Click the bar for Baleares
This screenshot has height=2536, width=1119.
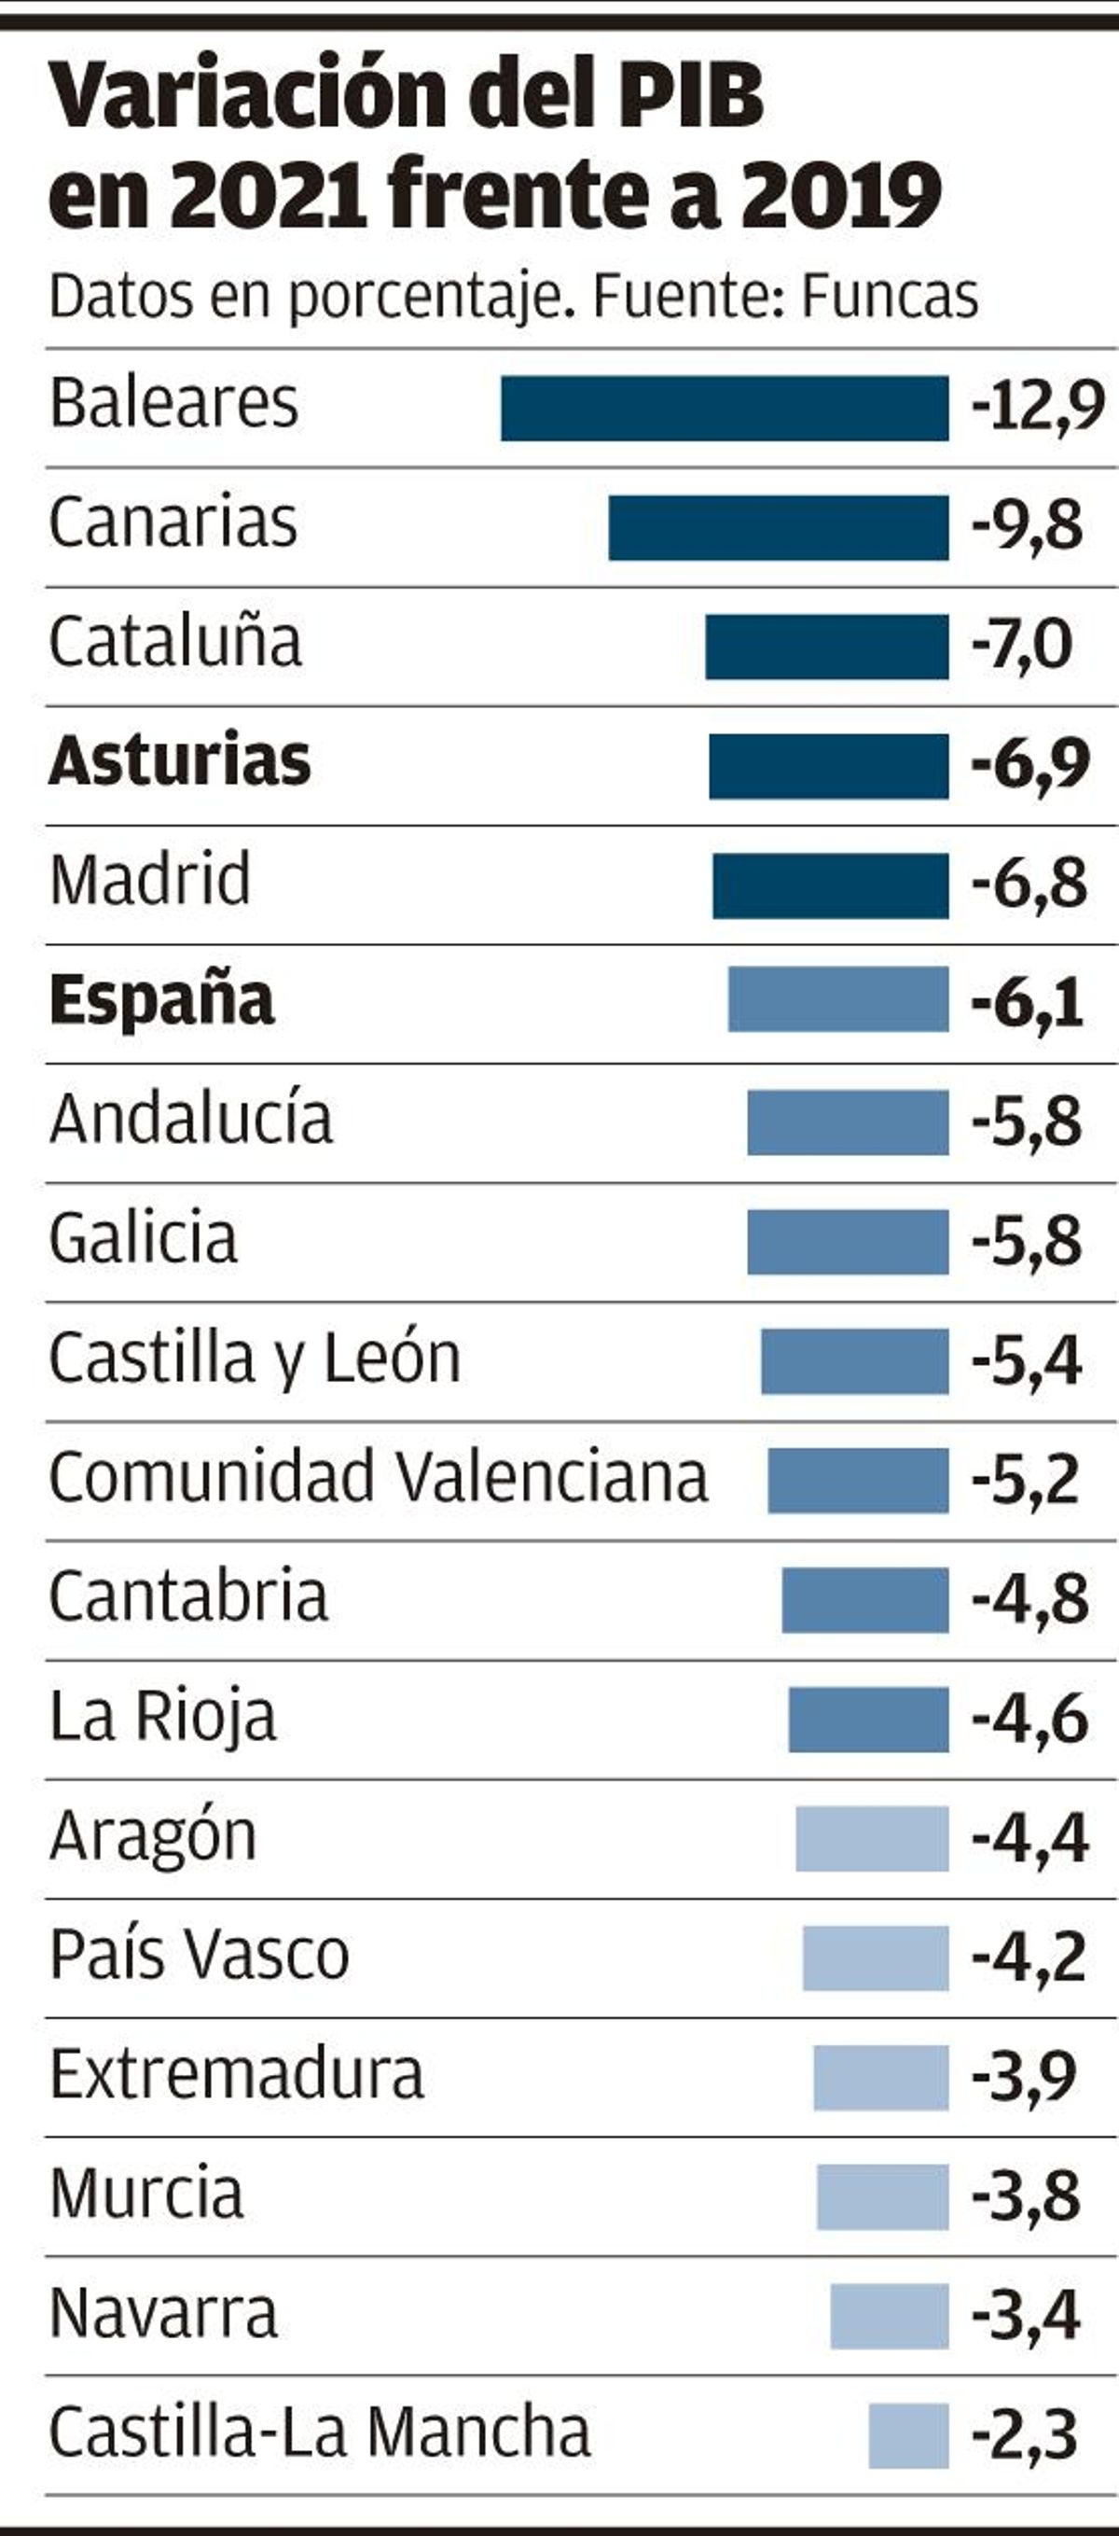tap(725, 408)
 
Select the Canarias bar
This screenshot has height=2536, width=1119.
tap(779, 528)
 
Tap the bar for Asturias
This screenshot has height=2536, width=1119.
tap(829, 766)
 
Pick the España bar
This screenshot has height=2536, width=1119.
tap(838, 999)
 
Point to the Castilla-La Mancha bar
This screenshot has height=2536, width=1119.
tap(908, 2435)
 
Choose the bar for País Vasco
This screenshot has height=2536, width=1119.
tap(876, 1958)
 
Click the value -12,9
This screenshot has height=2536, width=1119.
tap(1037, 406)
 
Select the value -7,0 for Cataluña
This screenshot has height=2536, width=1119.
tap(1022, 646)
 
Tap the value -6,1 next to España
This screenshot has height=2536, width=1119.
tap(1028, 1003)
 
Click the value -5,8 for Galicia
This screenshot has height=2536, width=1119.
tap(1027, 1242)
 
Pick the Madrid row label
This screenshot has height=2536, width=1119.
tap(150, 879)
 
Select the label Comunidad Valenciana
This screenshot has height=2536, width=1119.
tap(379, 1477)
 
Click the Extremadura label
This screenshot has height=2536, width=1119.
tap(236, 2074)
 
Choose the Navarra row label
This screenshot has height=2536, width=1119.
tap(163, 2315)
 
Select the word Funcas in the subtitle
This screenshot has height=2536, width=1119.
tap(890, 296)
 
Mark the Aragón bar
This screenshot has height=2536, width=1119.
tap(872, 1838)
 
